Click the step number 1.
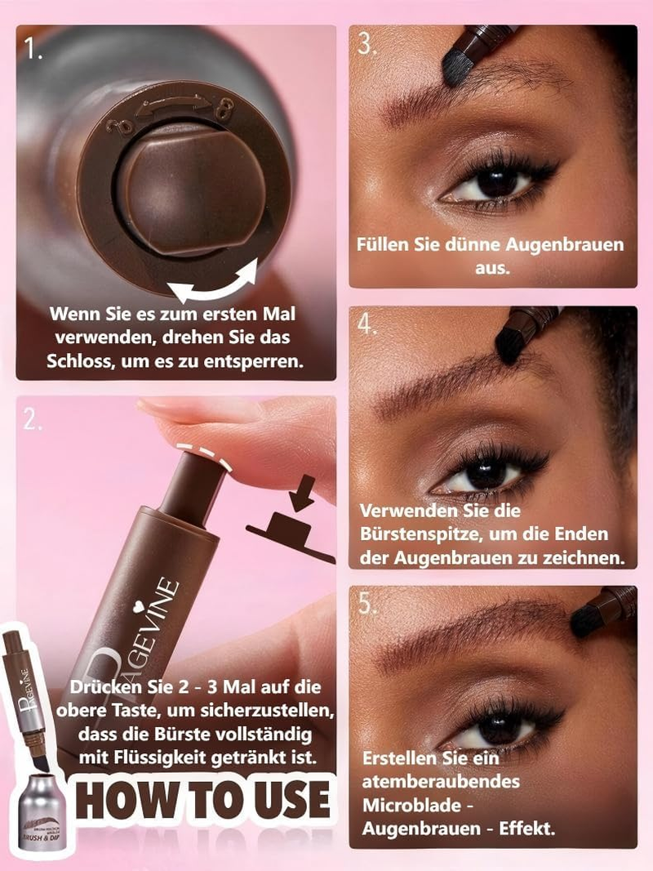click(33, 50)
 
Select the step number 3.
click(366, 44)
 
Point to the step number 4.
click(366, 324)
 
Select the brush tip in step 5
click(584, 620)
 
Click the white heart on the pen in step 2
click(139, 606)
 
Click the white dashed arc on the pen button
click(203, 453)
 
